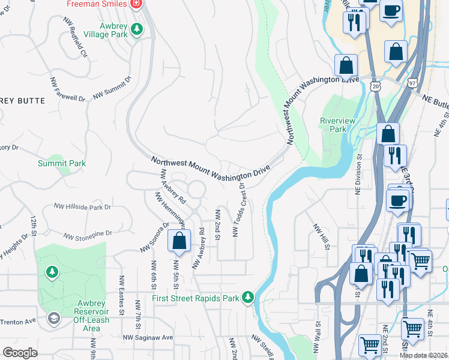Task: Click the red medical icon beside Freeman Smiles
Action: [137, 4]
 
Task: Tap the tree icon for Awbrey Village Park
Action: [137, 28]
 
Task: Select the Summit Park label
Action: [62, 163]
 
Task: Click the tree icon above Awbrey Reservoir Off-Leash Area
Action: [52, 273]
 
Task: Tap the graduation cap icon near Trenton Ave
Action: [53, 318]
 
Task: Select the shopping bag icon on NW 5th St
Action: [179, 242]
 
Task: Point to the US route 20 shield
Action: [376, 87]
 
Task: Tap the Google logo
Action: [20, 353]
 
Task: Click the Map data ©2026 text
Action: [423, 355]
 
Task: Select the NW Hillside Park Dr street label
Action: [83, 206]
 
